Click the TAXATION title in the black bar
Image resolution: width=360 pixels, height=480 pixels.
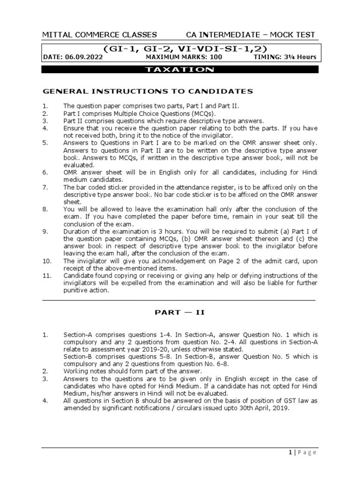(x=180, y=69)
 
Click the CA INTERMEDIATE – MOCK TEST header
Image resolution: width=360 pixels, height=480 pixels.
(x=250, y=35)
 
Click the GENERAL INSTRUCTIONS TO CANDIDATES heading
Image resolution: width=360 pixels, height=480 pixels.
(x=148, y=91)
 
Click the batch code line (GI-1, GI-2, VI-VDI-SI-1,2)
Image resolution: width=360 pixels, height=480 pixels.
(x=180, y=48)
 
